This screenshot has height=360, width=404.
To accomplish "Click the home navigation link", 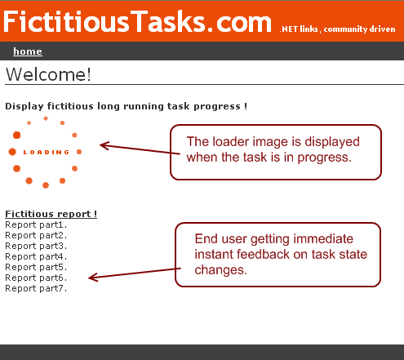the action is (28, 51).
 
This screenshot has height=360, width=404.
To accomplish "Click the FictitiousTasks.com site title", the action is (137, 22).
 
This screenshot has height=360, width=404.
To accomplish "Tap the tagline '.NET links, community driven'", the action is (337, 29).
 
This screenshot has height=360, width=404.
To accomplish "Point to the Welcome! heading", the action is (48, 74).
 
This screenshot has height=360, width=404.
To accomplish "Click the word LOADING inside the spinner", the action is (47, 152).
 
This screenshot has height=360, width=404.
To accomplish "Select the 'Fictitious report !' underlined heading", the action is (51, 214).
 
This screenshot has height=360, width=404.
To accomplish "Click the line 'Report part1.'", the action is (36, 224).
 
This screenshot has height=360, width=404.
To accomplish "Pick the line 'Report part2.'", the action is (36, 235).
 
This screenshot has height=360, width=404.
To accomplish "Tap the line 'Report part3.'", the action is (36, 246).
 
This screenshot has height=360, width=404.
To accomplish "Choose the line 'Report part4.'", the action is (36, 256).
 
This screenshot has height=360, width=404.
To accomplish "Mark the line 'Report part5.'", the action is (36, 267).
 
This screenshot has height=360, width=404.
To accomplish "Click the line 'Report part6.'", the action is (36, 278).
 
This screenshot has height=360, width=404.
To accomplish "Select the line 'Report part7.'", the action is (36, 288).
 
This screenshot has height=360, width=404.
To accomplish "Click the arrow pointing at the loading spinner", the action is (140, 149).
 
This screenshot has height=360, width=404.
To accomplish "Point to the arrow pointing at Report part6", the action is (135, 273).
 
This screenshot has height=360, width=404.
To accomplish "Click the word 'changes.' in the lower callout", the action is (221, 270).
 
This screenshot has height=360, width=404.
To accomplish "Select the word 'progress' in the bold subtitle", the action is (217, 106).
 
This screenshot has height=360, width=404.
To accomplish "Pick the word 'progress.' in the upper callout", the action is (324, 158).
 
